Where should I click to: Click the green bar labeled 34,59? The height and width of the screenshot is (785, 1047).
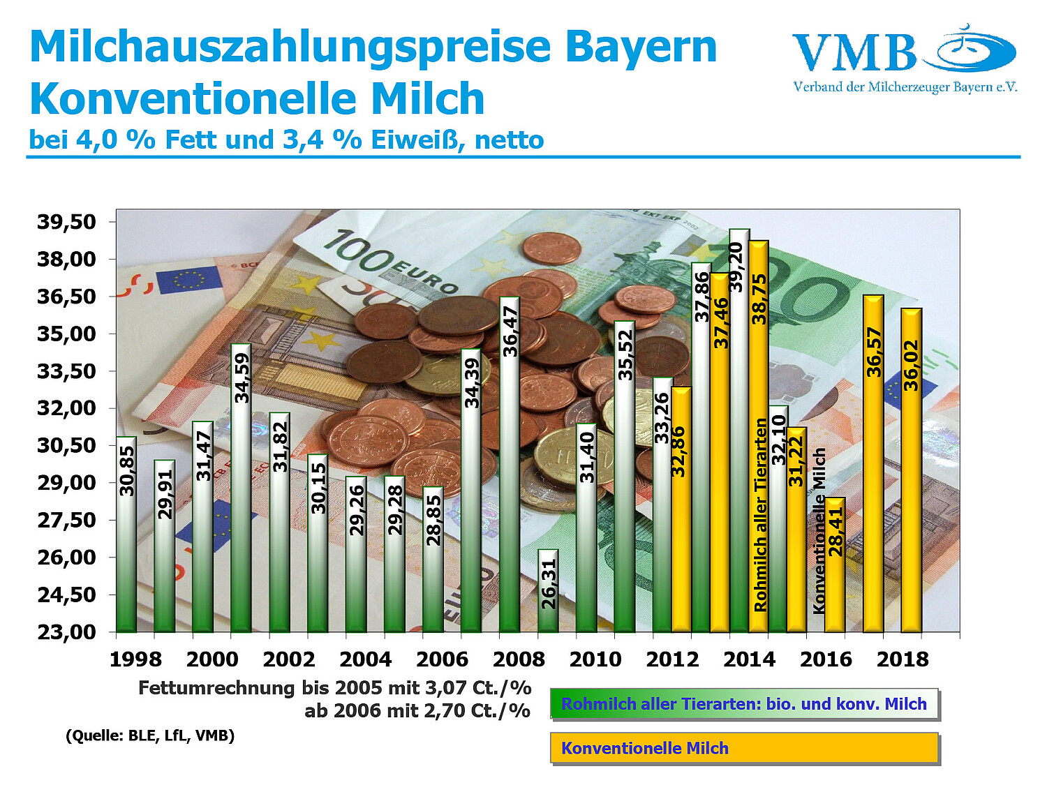coord(241,488)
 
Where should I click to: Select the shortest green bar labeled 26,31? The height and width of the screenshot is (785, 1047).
coord(548,590)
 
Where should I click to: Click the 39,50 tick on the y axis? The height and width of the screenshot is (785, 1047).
coord(66,222)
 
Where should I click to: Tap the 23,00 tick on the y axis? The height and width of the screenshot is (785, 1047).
coord(66,632)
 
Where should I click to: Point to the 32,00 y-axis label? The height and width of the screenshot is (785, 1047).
coord(66,408)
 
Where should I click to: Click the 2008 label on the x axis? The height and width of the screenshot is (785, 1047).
coord(519,659)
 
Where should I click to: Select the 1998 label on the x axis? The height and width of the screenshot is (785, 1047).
coord(135,659)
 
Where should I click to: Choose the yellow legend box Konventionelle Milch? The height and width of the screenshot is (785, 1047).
coord(744,748)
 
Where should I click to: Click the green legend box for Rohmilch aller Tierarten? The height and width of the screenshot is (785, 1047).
coord(744,704)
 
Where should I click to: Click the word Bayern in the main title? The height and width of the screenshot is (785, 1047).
coord(640,47)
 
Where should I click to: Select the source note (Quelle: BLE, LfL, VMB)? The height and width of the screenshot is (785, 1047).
coord(150,735)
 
